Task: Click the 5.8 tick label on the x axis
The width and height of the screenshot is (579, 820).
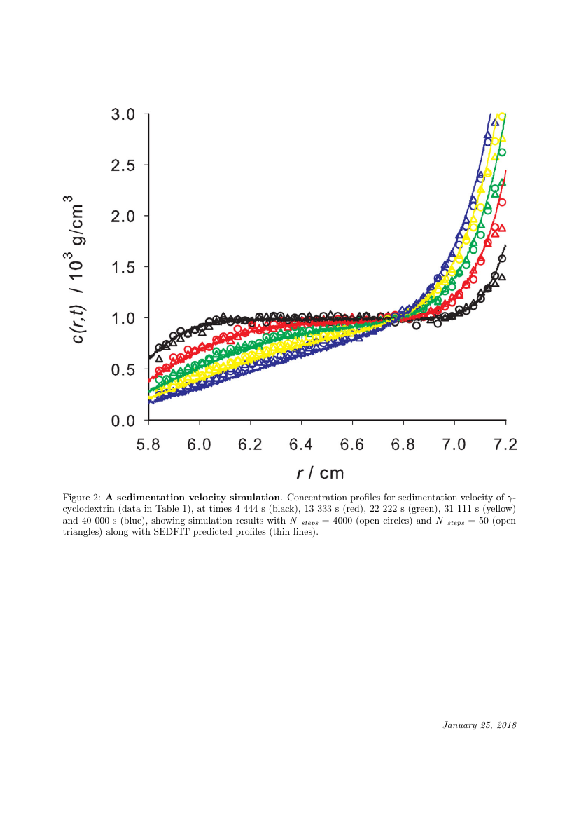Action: (148, 444)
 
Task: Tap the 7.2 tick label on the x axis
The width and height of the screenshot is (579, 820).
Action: (505, 444)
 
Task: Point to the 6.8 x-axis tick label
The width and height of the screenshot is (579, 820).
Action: (403, 444)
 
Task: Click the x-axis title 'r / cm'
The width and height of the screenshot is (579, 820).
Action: (321, 473)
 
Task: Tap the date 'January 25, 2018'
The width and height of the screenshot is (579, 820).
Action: (479, 725)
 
